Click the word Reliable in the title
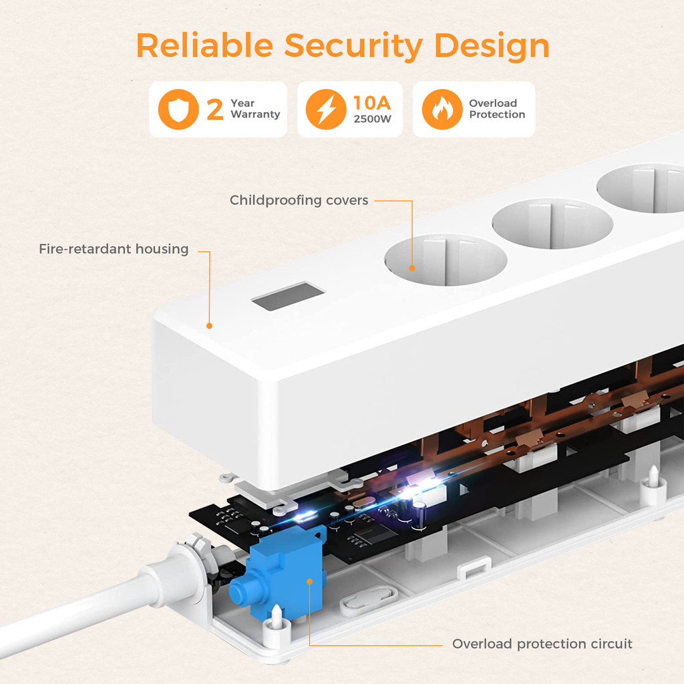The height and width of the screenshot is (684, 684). [x=204, y=45]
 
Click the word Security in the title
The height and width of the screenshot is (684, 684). [x=353, y=45]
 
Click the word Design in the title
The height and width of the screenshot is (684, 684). [x=492, y=45]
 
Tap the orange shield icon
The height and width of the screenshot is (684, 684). [x=178, y=110]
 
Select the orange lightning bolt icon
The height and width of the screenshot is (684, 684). [x=326, y=110]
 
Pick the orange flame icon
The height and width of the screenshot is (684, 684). [x=442, y=110]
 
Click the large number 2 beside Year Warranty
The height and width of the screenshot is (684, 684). [x=214, y=110]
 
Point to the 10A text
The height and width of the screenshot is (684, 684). [x=372, y=103]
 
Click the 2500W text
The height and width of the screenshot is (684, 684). [x=372, y=120]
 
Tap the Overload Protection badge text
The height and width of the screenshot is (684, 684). [x=496, y=109]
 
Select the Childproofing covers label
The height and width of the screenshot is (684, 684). [x=299, y=200]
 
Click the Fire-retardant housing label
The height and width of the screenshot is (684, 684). [x=114, y=249]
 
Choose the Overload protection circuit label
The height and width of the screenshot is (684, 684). [x=542, y=644]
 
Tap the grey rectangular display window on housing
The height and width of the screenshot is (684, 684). [x=288, y=296]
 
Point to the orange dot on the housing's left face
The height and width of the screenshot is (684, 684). [x=209, y=326]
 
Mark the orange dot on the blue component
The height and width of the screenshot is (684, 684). [x=309, y=581]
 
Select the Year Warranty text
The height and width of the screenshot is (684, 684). [x=254, y=109]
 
